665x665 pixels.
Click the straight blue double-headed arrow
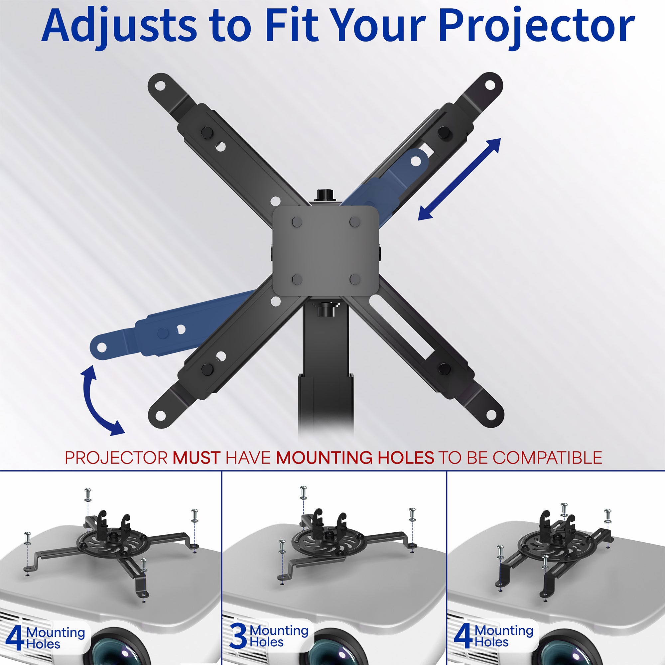tap(459, 179)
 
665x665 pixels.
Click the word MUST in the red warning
tap(196, 458)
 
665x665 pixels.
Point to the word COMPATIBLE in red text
tap(547, 458)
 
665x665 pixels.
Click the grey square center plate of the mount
tap(325, 251)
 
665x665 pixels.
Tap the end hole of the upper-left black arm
tap(160, 85)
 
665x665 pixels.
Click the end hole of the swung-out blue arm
tap(102, 348)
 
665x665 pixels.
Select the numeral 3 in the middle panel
tap(238, 636)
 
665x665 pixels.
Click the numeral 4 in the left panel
tap(14, 638)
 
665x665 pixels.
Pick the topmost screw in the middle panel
tap(303, 492)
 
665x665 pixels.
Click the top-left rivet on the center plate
tap(297, 222)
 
